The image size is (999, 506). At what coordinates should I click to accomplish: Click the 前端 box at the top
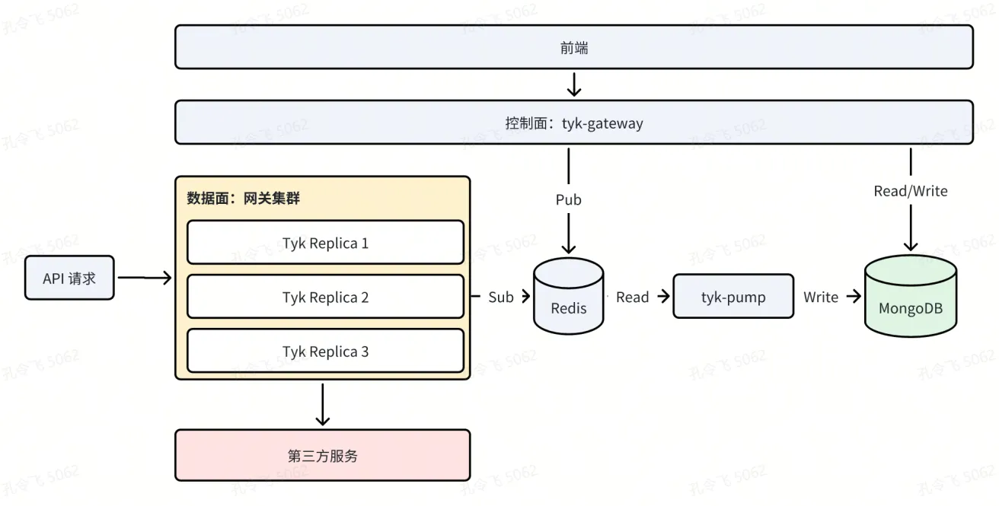coord(574,47)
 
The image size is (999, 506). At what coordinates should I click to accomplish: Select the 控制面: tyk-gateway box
coord(574,123)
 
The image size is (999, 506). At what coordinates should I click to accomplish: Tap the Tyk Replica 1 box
coord(325,243)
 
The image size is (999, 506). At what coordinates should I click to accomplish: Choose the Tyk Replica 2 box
coord(325,297)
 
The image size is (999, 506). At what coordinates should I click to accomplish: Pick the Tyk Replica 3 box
coord(325,351)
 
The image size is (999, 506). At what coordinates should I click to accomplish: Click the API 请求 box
coord(69,278)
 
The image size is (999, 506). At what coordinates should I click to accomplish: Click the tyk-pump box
coord(732,297)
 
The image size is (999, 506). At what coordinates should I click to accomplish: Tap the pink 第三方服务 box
coord(322,455)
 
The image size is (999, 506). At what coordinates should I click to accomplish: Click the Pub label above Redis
coord(568,199)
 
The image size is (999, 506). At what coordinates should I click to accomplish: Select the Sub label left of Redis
coord(500,297)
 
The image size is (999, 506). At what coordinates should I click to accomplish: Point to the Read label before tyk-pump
coord(632,297)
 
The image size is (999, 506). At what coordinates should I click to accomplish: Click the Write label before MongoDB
coord(820,297)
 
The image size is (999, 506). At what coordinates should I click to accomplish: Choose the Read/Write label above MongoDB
coord(911,191)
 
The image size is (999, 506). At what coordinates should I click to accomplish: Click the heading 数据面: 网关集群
coord(244,199)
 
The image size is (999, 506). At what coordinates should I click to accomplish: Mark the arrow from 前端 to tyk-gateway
coord(574,84)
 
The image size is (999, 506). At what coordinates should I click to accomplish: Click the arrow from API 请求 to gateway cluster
coord(145,278)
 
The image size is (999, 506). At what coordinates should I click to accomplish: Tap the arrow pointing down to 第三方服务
coord(322,404)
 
